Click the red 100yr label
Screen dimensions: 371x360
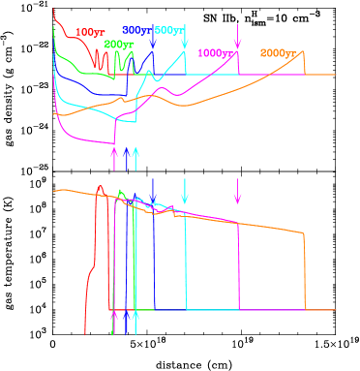tap(90, 33)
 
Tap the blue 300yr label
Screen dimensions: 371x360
tap(136, 31)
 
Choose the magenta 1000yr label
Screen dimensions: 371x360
tap(216, 53)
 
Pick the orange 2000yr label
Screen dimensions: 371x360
tap(279, 52)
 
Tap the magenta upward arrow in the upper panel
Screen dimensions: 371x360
tap(114, 155)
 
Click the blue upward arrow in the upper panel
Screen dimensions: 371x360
tap(126, 155)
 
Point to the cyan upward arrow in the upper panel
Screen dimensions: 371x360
tap(136, 155)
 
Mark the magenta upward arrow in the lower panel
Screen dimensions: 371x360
tap(114, 322)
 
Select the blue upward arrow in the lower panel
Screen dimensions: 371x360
tap(126, 322)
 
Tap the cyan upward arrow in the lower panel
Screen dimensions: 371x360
tap(136, 322)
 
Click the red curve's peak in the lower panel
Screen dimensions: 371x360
tap(100, 184)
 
